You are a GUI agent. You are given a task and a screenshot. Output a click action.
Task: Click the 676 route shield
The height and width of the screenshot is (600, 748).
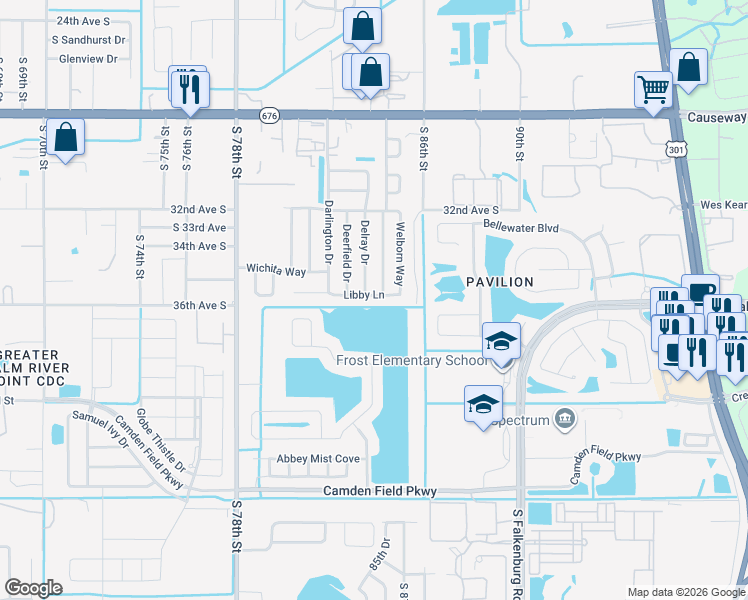coord(268,116)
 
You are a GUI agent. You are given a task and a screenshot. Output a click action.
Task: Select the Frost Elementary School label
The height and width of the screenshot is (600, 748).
coord(412,361)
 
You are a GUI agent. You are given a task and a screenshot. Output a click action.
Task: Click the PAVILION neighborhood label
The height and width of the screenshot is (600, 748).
coord(496,282)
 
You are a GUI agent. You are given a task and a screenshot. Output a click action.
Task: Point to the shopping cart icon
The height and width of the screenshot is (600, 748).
coord(653,89)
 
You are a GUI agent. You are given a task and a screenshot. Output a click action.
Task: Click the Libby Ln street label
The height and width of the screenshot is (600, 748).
coord(364,295)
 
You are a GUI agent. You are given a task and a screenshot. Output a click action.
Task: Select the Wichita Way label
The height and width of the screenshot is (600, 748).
coord(276,271)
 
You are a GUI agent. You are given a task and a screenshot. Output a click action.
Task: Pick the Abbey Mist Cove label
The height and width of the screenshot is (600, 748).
coord(318,459)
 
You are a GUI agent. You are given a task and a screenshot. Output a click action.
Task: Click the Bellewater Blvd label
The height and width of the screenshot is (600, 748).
coord(494,229)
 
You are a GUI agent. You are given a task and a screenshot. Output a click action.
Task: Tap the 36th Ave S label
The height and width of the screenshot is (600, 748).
coord(200,305)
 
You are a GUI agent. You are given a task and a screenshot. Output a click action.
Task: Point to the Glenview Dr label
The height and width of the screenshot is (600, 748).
coord(89,59)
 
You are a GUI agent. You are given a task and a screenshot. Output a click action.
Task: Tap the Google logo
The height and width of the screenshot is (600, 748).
coord(33,588)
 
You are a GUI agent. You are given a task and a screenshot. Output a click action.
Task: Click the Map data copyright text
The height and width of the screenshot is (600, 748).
coord(685,592)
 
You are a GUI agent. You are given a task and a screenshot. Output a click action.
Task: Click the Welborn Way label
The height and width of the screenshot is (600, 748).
coord(399,253)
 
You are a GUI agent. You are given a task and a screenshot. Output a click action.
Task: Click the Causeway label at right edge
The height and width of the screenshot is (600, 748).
coord(717,117)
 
